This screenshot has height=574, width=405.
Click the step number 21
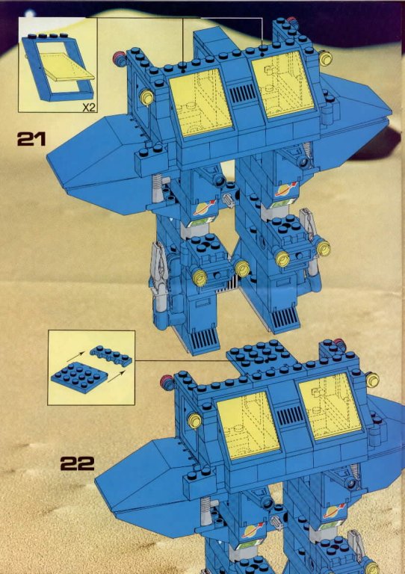(x=31, y=139)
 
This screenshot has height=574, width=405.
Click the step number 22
(x=77, y=463)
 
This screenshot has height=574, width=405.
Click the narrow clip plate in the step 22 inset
(x=111, y=357)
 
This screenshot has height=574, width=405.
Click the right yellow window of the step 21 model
(x=282, y=84)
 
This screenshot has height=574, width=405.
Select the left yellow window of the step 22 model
(x=248, y=425)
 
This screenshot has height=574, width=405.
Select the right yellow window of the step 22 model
(x=330, y=407)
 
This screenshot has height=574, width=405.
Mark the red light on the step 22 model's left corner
(x=167, y=383)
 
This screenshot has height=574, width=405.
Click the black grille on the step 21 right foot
(x=284, y=317)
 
